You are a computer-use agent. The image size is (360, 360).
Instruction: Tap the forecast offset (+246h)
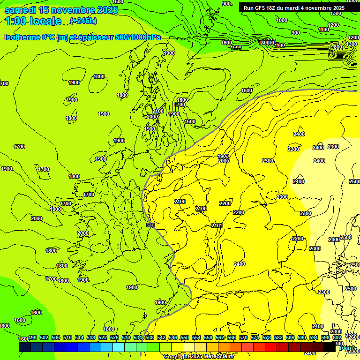(83, 21)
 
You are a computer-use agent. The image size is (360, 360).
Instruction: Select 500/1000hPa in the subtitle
(140, 37)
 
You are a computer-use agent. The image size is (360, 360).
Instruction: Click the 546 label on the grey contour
(150, 225)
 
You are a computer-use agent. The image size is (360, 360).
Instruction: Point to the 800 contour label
(337, 47)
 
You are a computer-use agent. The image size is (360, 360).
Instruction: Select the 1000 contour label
(282, 20)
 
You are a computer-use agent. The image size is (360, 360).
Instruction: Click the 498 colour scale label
(32, 338)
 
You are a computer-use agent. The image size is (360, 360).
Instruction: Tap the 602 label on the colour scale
(337, 338)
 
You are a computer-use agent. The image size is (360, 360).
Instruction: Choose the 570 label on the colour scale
(243, 338)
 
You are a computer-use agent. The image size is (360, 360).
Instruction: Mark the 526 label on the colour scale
(114, 338)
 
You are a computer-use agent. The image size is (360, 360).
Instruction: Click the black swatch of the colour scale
(329, 347)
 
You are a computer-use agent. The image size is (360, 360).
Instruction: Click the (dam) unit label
(347, 347)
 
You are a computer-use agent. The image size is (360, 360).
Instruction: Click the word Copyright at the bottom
(177, 357)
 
